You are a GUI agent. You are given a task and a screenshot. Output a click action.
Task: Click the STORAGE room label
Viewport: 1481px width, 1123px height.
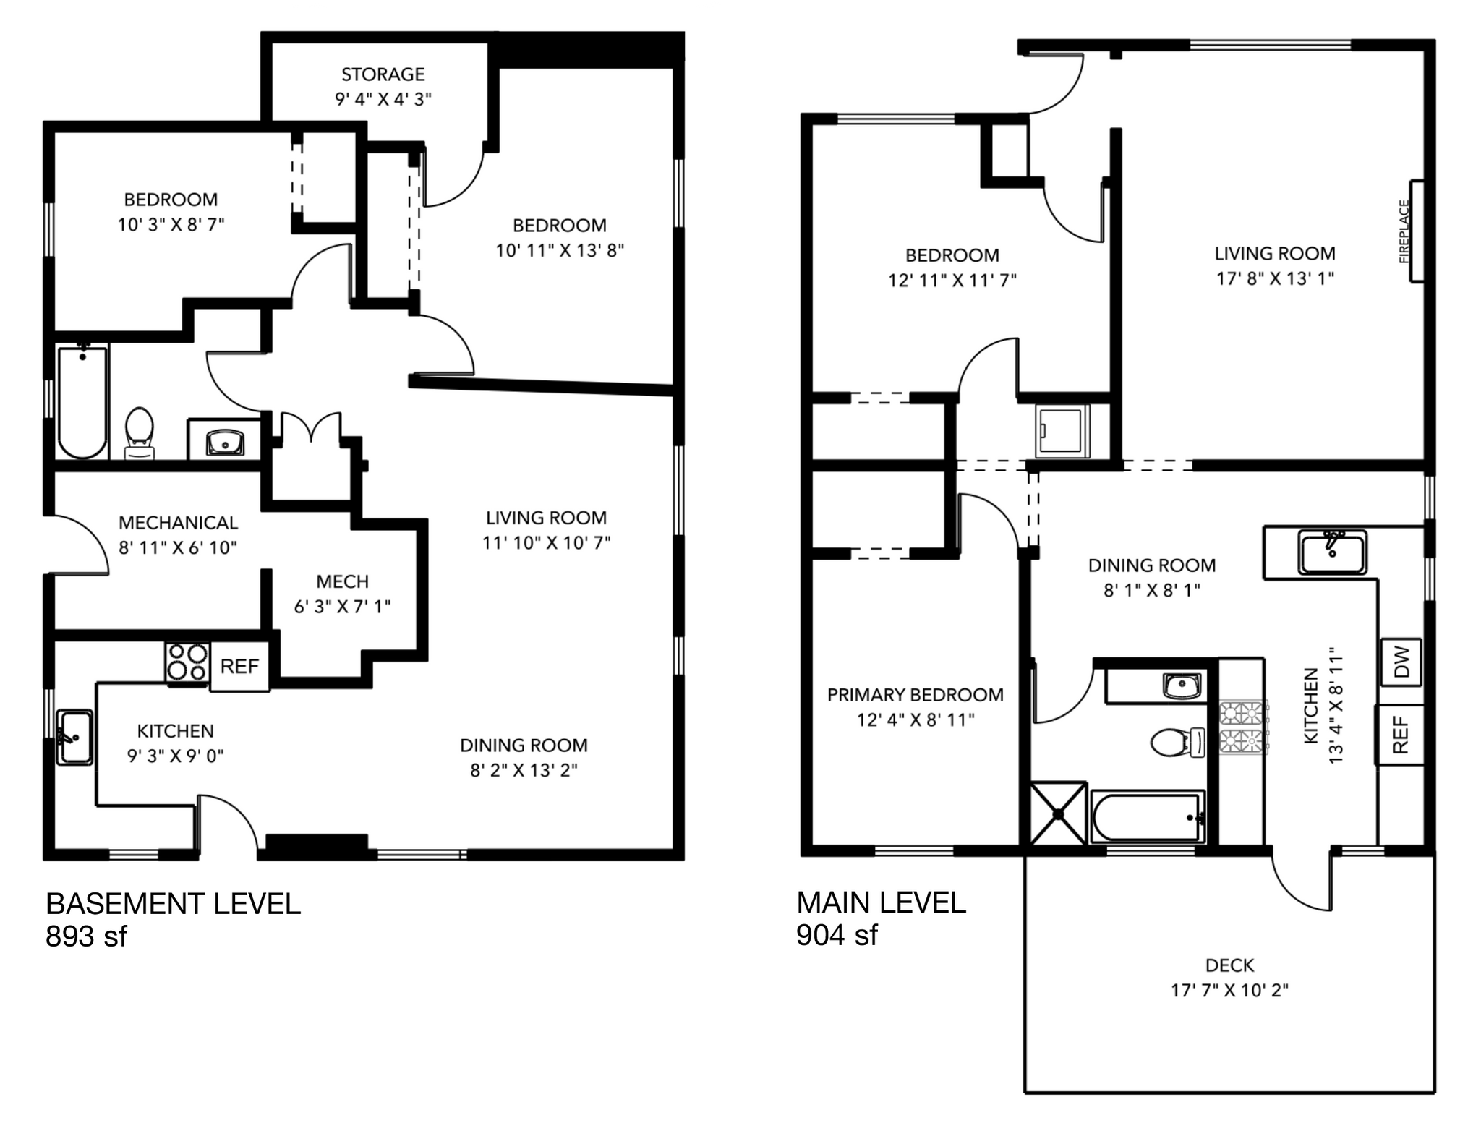pos(383,74)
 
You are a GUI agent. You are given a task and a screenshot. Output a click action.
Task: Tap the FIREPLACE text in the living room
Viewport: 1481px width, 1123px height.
pos(1404,231)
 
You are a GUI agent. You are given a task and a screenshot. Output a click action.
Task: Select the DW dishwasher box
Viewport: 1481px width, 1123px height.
pos(1401,662)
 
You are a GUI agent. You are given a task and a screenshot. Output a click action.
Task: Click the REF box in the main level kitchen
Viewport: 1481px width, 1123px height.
pos(1400,735)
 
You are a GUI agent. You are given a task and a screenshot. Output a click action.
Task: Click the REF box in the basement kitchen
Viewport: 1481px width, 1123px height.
pos(239,666)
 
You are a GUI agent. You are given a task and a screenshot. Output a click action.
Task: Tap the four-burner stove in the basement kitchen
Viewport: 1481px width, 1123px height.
pos(187,662)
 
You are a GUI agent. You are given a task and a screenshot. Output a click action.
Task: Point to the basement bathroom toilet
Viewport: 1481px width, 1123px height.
pos(140,432)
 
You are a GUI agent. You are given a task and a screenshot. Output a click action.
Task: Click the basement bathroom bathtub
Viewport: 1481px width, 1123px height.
pos(82,402)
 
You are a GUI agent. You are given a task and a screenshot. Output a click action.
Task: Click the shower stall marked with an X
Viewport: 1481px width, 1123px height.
pos(1058,814)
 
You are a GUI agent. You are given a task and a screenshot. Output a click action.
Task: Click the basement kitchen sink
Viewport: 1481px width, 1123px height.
pos(75,737)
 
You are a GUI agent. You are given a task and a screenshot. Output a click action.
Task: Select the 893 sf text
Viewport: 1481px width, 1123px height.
pos(86,936)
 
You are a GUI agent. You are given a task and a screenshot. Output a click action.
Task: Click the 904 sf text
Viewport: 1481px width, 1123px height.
pos(837,934)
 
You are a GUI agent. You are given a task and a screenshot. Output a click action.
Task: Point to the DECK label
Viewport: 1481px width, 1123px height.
pos(1229,965)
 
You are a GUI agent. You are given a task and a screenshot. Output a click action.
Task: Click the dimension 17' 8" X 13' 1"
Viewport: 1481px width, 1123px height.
pos(1275,278)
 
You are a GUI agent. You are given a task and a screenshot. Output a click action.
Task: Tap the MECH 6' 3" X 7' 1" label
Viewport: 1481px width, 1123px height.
pos(342,594)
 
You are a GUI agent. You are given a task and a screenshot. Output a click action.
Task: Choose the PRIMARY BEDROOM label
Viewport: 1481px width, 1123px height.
pos(915,695)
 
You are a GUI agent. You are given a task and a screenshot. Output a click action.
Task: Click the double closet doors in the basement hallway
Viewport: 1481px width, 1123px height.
pos(311,428)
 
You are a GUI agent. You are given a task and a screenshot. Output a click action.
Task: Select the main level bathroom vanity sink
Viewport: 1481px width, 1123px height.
pos(1182,685)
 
